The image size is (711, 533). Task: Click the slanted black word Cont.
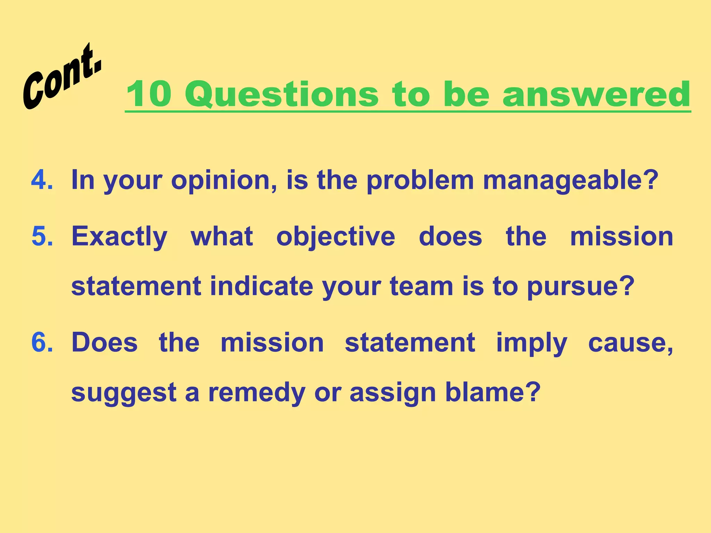click(62, 77)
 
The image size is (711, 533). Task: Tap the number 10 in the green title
click(149, 94)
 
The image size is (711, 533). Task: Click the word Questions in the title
click(281, 95)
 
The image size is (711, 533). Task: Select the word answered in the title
click(596, 94)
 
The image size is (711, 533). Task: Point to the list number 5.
click(42, 236)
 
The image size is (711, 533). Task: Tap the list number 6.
click(42, 342)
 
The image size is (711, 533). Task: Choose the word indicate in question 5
click(261, 287)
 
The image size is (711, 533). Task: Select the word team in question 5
click(421, 287)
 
